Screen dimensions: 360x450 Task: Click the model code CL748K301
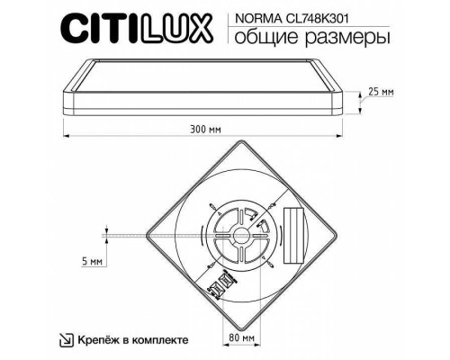click(x=329, y=16)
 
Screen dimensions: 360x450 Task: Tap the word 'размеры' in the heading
click(x=332, y=38)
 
